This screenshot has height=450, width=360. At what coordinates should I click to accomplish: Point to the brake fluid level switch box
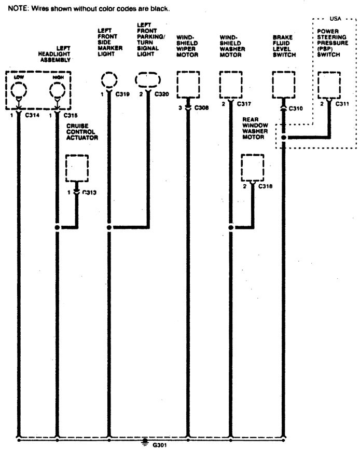(284, 85)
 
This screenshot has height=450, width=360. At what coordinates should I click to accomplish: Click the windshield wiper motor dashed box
(189, 85)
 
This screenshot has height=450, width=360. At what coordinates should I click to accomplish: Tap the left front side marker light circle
(109, 81)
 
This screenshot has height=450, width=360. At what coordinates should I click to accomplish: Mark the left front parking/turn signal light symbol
(148, 81)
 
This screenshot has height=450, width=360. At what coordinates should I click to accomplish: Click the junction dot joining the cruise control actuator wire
(57, 227)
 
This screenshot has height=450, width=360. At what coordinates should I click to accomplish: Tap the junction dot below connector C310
(284, 138)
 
